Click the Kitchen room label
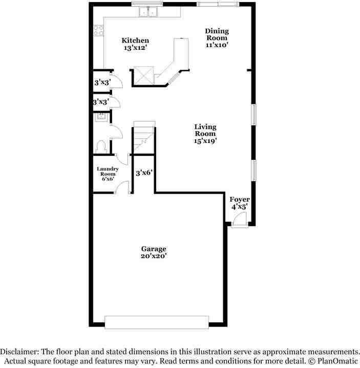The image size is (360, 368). [135, 40]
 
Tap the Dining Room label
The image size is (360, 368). [217, 34]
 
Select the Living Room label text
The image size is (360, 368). [205, 130]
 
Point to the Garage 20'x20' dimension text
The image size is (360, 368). [154, 256]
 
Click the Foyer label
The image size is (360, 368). [239, 199]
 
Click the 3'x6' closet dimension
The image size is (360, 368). [144, 174]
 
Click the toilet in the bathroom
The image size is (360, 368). [100, 147]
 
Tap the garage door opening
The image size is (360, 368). [156, 321]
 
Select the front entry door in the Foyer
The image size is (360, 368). [238, 221]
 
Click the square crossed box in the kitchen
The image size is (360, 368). [143, 76]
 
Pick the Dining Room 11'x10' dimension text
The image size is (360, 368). [217, 45]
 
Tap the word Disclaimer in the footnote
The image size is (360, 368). [18, 352]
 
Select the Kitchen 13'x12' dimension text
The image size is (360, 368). [135, 48]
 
